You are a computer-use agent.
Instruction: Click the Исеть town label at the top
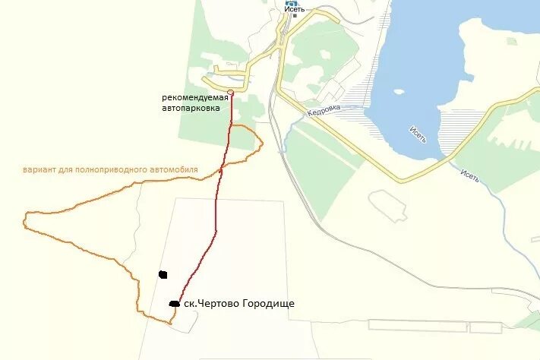[295, 10]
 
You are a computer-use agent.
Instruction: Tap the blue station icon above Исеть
[292, 2]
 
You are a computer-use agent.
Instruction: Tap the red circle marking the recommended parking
[230, 92]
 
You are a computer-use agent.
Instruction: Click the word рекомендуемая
[195, 97]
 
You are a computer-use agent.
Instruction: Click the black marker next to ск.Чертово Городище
[174, 304]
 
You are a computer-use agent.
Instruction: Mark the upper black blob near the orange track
[163, 274]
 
